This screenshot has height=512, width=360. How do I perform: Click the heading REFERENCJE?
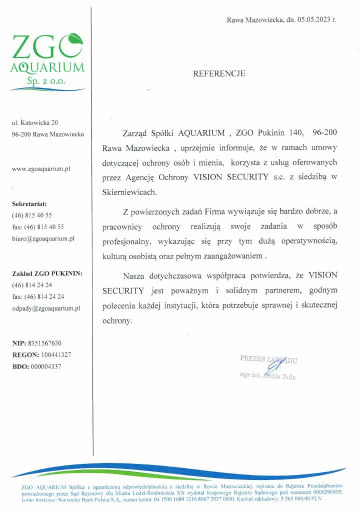pos(219,73)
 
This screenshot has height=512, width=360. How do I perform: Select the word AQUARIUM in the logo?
pos(48,67)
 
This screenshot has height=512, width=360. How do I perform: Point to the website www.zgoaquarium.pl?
pos(40,168)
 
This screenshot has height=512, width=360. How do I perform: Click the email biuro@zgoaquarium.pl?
pos(43,238)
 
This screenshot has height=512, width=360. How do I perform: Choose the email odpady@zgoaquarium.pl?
pos(46,308)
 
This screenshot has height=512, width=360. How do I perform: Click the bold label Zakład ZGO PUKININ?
pos(47,273)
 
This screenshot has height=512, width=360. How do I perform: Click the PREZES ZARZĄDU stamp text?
pos(269,358)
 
